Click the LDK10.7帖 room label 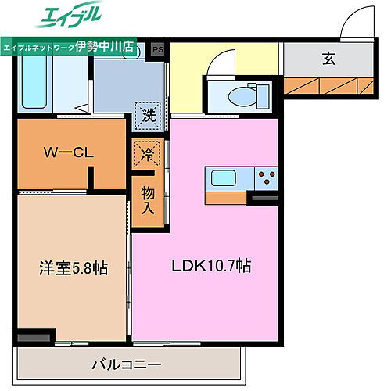coord(210,266)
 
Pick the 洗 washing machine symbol coord(148,115)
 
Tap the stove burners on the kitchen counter coord(267,178)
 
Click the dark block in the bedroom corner coord(32,337)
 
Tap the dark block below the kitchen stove coord(264,199)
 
